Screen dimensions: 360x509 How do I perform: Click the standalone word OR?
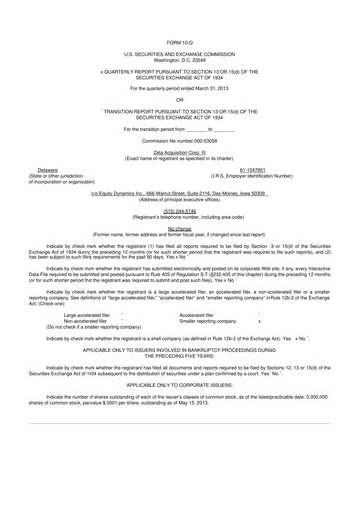[180, 100]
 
